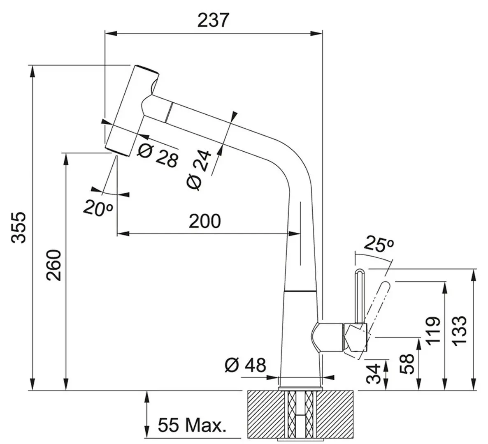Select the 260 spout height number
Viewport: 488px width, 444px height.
[53, 265]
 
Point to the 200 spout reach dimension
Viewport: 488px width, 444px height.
[205, 221]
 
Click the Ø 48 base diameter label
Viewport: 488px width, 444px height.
[246, 365]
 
